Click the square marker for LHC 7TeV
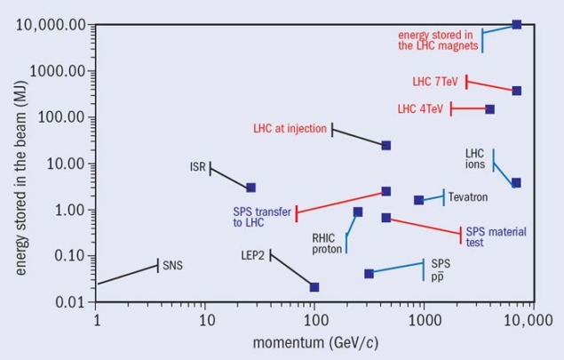(x=517, y=91)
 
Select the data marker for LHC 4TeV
(x=489, y=109)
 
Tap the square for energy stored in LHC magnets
(x=517, y=24)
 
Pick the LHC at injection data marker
(x=386, y=145)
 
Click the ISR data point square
(x=251, y=188)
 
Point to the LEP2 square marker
(x=314, y=287)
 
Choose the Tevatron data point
(x=419, y=200)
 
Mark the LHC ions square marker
(x=516, y=182)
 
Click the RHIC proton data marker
(x=358, y=212)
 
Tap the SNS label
(x=172, y=265)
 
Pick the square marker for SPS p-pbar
(x=369, y=274)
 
